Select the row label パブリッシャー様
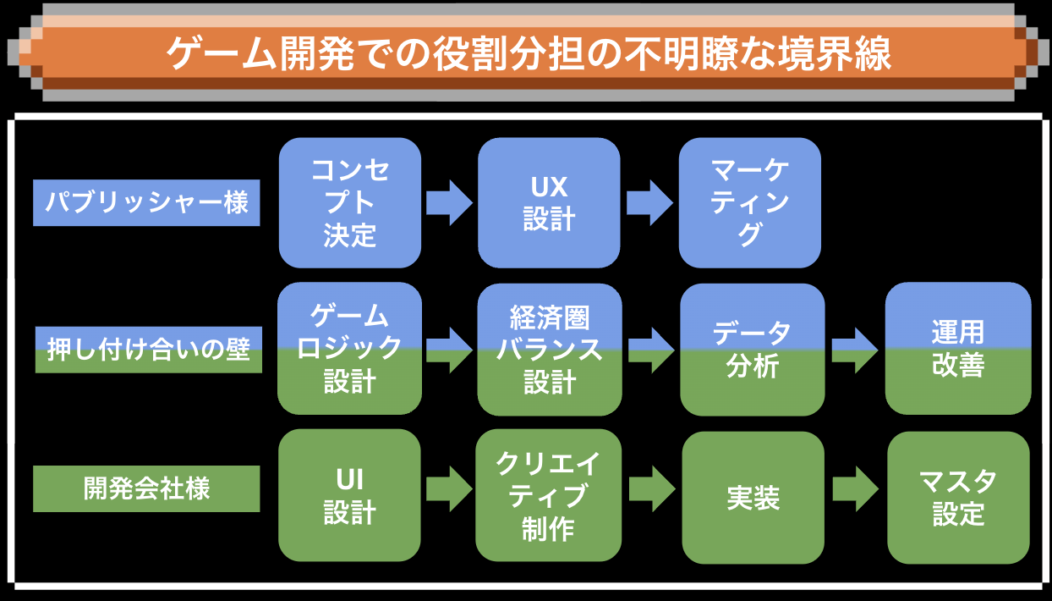tap(146, 203)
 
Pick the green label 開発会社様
tap(146, 488)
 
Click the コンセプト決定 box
tap(350, 203)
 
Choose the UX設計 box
tap(549, 203)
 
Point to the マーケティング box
tap(750, 203)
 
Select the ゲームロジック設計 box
tap(350, 349)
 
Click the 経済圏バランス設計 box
tap(549, 349)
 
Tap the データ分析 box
tap(752, 349)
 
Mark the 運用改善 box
tap(958, 349)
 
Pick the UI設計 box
tap(350, 495)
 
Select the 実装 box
tap(753, 498)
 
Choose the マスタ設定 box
tap(958, 498)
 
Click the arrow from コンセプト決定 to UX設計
tap(449, 203)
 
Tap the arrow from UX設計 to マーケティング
tap(649, 203)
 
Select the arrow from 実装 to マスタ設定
tap(855, 489)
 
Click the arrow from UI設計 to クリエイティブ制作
tap(449, 489)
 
